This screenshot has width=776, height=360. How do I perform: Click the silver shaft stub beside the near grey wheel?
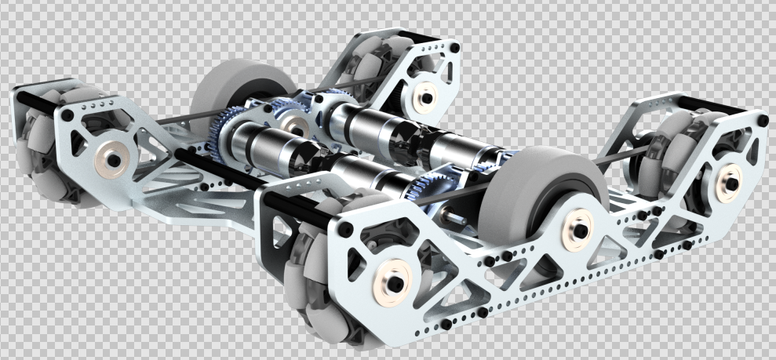coord(455,212)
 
